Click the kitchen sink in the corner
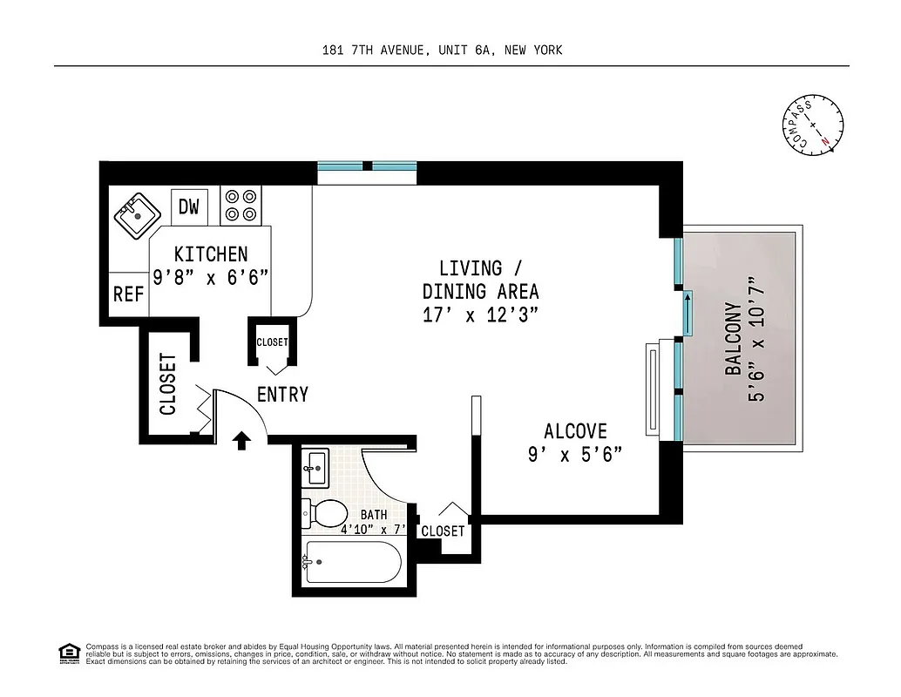pos(135,215)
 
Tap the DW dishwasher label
pos(189,206)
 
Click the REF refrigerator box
pos(128,294)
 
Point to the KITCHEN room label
pos(211,254)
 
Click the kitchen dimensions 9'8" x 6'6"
pos(211,278)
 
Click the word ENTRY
pos(282,395)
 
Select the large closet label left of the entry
pos(167,384)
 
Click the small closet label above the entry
pos(272,342)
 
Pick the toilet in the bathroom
pos(324,513)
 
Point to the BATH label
pos(374,515)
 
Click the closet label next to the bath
pos(443,531)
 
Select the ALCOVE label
pos(575,430)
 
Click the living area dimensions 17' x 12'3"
pos(481,315)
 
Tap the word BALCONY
pos(733,339)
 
